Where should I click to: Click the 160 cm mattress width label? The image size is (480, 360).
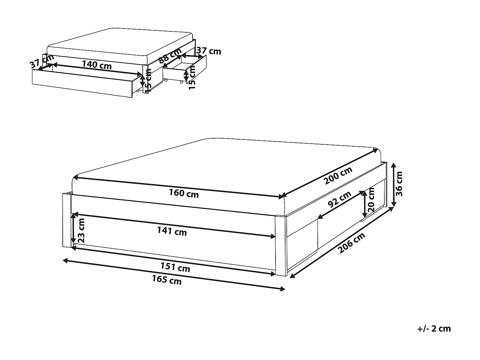(184, 194)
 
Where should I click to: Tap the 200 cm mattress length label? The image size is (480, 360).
(338, 175)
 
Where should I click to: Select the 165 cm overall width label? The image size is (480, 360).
(167, 280)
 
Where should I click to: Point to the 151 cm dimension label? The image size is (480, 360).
(175, 267)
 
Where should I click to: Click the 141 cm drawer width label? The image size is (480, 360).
(172, 231)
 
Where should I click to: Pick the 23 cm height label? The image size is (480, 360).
(81, 230)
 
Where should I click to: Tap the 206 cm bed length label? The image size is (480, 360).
(351, 243)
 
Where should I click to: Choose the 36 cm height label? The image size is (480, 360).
(399, 184)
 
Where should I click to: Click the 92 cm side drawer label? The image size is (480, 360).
(340, 199)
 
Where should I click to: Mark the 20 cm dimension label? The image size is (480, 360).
(371, 199)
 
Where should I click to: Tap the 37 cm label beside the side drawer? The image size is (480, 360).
(209, 51)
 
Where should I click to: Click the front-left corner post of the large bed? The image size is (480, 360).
(67, 220)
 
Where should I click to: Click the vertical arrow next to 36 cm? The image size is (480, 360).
(394, 185)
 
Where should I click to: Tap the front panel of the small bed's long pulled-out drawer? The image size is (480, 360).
(82, 84)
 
